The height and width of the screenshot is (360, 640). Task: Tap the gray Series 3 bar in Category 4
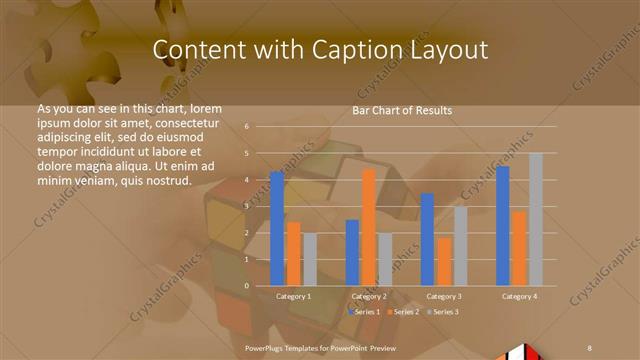click(x=535, y=219)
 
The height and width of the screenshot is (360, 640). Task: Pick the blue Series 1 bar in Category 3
click(x=427, y=239)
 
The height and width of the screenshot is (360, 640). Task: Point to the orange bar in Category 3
click(x=443, y=261)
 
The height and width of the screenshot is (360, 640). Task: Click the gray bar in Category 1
click(x=309, y=259)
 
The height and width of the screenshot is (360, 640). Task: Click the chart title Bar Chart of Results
click(x=402, y=110)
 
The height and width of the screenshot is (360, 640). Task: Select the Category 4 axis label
click(x=518, y=297)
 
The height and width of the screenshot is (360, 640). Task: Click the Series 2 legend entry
click(x=405, y=313)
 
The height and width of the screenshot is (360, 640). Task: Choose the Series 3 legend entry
click(x=445, y=313)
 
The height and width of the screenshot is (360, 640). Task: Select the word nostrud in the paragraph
click(x=168, y=181)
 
